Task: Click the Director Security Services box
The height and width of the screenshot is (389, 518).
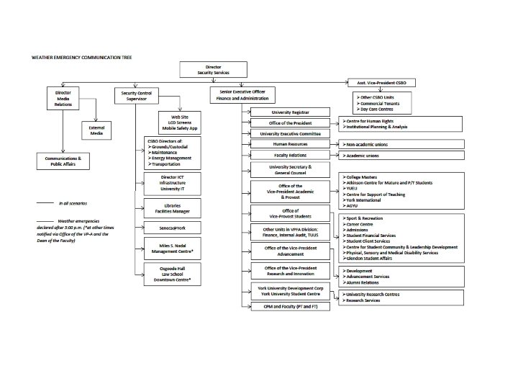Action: tap(213, 70)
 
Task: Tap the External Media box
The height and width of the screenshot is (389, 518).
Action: tap(96, 130)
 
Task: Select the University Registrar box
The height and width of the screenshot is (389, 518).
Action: tap(288, 112)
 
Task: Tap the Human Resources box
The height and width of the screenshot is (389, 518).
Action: tap(288, 145)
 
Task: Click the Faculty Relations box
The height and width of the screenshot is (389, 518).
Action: tap(288, 156)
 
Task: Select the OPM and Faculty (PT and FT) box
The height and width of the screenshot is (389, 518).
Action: tap(288, 307)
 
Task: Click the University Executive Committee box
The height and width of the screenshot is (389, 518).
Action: tap(288, 134)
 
